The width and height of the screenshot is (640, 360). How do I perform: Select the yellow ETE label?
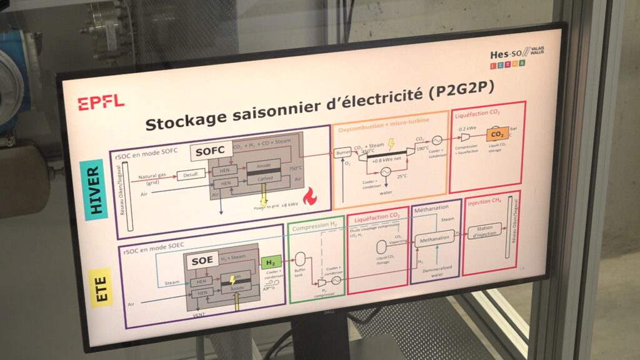click(x=102, y=286)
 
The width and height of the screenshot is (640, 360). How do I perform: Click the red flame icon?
click(x=309, y=199)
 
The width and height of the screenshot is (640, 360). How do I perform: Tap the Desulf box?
click(x=190, y=176)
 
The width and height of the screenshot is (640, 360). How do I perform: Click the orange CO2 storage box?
click(x=497, y=134)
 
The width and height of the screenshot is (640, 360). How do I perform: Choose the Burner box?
click(x=341, y=152)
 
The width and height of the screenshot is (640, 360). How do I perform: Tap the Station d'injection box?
click(x=485, y=231)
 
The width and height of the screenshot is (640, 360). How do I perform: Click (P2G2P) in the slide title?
click(x=461, y=90)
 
